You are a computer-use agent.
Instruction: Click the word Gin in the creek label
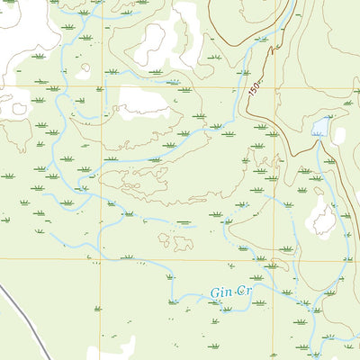221,293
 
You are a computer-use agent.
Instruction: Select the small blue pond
319,127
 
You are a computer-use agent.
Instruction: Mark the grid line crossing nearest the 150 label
274,88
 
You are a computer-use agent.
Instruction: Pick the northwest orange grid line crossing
101,88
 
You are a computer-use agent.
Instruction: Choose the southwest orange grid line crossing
101,260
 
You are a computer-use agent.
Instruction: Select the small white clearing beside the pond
339,135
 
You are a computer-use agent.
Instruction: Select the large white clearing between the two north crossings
142,102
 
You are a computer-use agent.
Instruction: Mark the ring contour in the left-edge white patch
18,109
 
